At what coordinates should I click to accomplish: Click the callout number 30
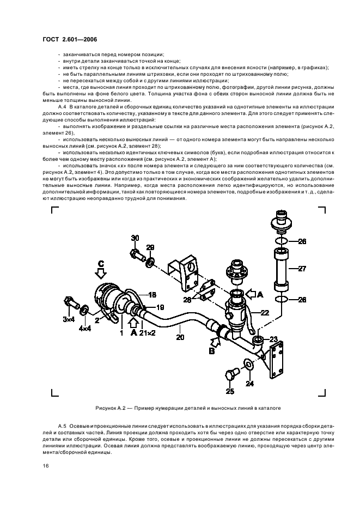[135, 238]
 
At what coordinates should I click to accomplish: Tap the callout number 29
[150, 247]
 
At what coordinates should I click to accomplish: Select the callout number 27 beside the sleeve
[302, 268]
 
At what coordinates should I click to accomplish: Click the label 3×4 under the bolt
[68, 319]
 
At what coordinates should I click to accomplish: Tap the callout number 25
[230, 391]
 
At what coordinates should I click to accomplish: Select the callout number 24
[250, 383]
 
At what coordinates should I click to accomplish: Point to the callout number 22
[265, 312]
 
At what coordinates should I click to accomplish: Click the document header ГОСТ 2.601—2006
[70, 39]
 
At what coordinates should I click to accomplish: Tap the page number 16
[46, 465]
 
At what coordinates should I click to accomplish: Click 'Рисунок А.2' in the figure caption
[112, 408]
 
